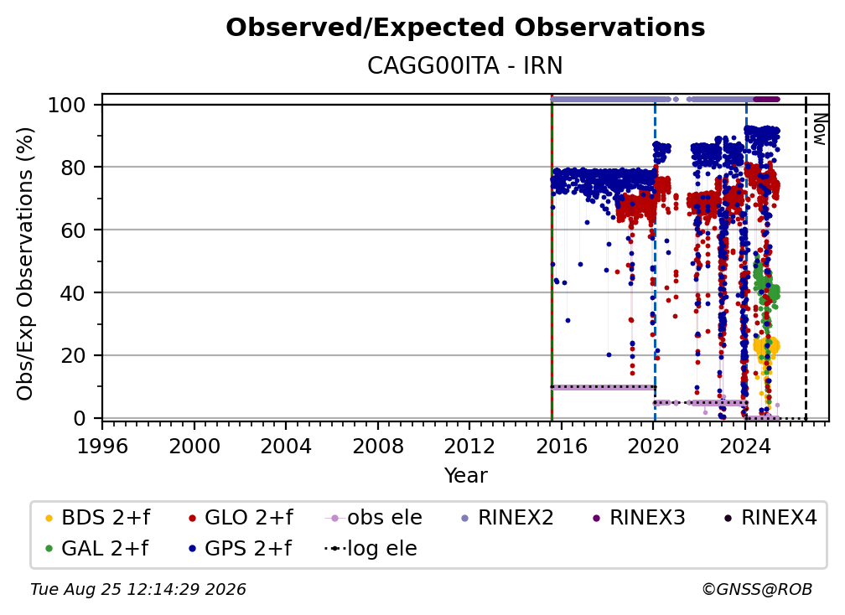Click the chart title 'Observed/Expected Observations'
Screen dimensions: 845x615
click(465, 28)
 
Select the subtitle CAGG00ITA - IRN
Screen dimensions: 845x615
click(465, 66)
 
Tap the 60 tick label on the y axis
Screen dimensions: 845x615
click(73, 230)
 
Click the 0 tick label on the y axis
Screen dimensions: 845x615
click(80, 418)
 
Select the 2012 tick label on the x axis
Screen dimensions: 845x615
click(469, 446)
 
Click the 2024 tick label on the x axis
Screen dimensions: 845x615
click(744, 446)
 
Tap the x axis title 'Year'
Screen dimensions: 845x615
click(465, 476)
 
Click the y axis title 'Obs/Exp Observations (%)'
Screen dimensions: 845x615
click(25, 263)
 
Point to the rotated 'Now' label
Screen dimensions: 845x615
click(819, 129)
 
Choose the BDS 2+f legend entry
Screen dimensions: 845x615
click(97, 518)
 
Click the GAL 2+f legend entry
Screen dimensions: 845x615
click(96, 549)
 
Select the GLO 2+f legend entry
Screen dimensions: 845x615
click(241, 518)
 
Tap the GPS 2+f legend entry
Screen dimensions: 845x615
click(240, 549)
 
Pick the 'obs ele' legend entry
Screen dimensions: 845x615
click(374, 518)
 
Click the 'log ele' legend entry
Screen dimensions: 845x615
click(371, 549)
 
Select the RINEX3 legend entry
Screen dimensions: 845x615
click(639, 518)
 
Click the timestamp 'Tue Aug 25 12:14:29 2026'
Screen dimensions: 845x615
click(138, 590)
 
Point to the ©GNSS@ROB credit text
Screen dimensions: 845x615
click(757, 590)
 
